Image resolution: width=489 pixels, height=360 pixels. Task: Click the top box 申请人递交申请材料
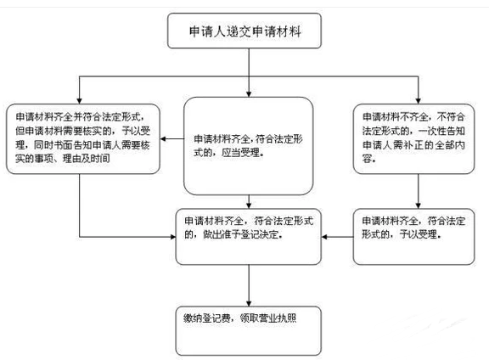[244, 31]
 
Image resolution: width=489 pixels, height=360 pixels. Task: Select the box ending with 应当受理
[248, 146]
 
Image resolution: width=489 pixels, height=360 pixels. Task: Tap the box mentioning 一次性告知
[413, 139]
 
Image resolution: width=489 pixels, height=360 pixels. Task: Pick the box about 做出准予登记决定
[248, 237]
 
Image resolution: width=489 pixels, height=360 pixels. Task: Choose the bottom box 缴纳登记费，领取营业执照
[248, 330]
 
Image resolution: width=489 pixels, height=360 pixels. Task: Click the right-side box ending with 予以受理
[413, 237]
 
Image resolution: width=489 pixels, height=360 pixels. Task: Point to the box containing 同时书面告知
[83, 139]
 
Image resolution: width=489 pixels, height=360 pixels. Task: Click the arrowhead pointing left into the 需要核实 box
[163, 139]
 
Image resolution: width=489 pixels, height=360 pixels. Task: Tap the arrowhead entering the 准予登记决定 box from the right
[324, 237]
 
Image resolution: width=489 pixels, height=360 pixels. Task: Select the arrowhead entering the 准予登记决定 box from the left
[173, 237]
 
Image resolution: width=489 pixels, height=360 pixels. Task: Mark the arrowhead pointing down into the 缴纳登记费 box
[249, 303]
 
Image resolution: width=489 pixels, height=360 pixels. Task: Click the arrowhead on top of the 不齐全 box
[419, 101]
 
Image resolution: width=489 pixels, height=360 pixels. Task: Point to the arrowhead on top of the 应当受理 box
[249, 94]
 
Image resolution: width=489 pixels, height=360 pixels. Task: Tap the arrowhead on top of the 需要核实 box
[79, 101]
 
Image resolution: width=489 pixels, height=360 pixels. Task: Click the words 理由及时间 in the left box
[86, 159]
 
